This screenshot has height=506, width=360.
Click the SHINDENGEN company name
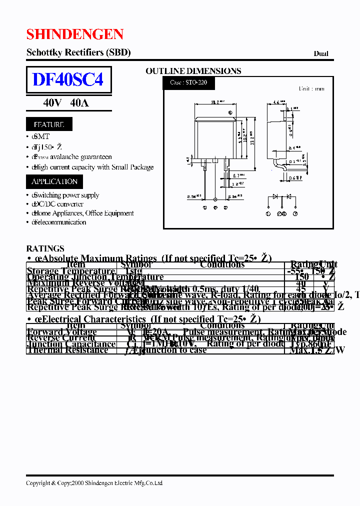tap(74, 34)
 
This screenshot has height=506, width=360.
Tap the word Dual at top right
tap(321, 53)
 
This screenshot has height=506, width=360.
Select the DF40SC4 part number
tap(68, 79)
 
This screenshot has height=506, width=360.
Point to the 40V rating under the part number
tap(52, 103)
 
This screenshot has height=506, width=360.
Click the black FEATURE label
tap(49, 124)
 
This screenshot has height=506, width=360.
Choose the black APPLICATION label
tap(54, 181)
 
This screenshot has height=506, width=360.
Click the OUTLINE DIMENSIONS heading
tap(193, 71)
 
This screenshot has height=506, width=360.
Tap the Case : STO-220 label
tap(188, 82)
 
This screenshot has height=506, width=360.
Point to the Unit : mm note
tap(311, 88)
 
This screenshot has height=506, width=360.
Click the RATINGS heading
tap(45, 248)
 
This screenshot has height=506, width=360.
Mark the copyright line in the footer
tap(94, 483)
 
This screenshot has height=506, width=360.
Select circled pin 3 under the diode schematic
tap(295, 213)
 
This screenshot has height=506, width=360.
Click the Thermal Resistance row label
tap(67, 350)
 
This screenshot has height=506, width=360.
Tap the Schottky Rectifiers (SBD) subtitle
tap(78, 52)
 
